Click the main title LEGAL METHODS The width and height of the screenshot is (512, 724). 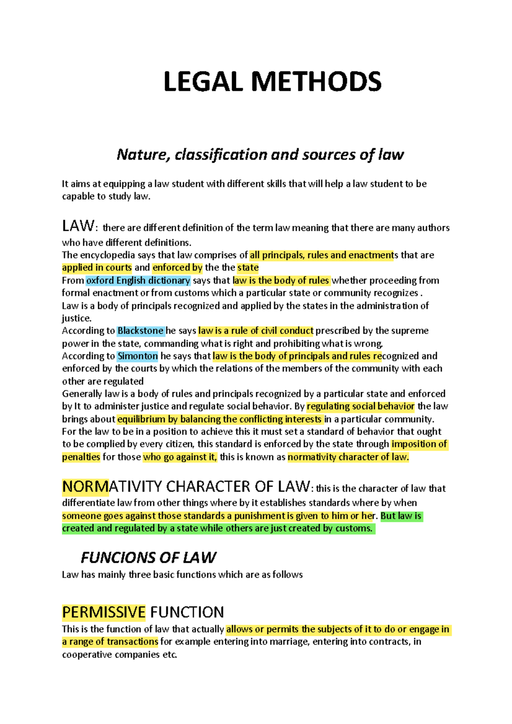[272, 81]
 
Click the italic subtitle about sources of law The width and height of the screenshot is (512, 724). [260, 154]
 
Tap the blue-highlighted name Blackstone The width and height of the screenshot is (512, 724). [140, 331]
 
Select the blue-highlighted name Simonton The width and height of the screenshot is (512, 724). [137, 356]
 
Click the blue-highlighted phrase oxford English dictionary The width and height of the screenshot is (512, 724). [138, 281]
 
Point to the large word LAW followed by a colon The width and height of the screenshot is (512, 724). [78, 226]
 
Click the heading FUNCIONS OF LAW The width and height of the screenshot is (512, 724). [148, 557]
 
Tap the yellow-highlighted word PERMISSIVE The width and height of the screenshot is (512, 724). [104, 612]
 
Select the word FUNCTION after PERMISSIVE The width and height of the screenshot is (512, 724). [187, 612]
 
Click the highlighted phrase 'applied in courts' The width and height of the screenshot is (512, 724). [97, 268]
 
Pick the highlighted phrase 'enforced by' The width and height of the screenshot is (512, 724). [177, 268]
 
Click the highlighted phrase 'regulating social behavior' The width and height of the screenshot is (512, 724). [361, 406]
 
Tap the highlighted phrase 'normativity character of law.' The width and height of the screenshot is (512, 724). [348, 457]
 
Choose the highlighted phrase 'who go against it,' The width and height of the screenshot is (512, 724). [180, 457]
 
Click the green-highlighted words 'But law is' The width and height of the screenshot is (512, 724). [401, 516]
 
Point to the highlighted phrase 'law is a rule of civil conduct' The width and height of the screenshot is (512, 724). [256, 331]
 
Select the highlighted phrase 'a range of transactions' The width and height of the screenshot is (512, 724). [110, 642]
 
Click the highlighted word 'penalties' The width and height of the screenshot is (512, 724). [81, 457]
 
